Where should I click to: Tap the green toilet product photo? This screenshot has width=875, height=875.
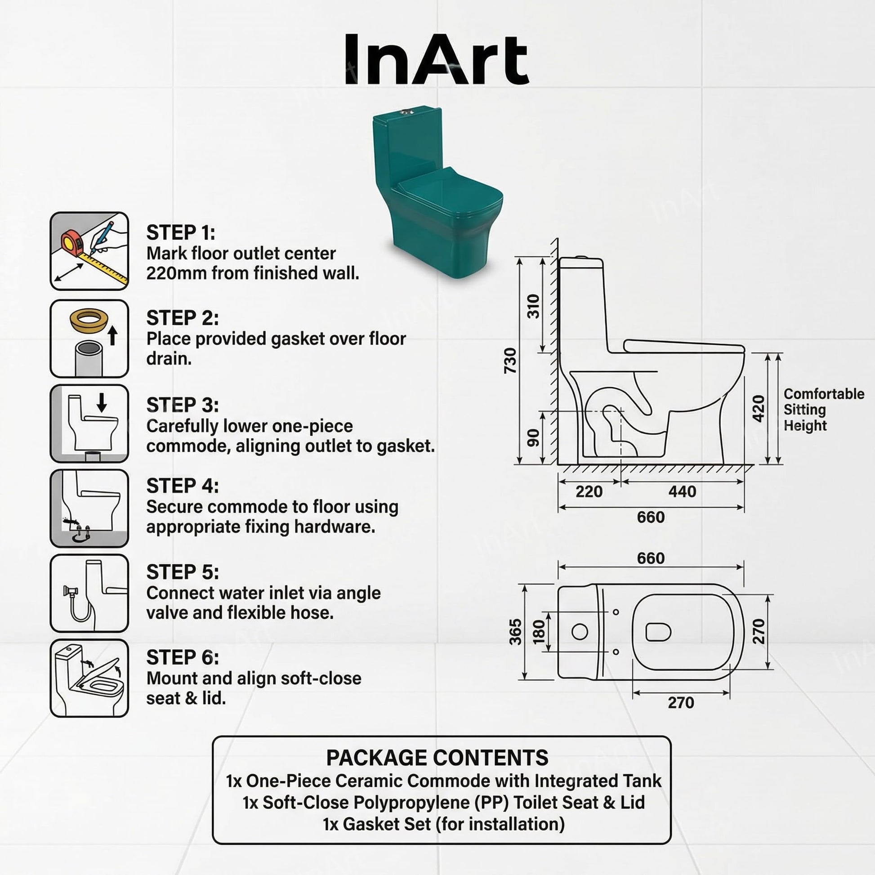(x=437, y=191)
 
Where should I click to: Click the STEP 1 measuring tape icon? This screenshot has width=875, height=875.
(x=89, y=251)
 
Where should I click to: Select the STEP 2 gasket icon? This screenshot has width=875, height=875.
(x=89, y=338)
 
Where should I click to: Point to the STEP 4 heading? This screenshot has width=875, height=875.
(x=183, y=486)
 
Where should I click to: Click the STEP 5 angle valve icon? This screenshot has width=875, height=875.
(x=89, y=593)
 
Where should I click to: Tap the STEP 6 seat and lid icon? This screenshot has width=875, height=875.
(x=89, y=678)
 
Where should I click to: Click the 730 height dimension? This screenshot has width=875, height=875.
(x=510, y=361)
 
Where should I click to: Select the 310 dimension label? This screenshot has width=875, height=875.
(x=534, y=306)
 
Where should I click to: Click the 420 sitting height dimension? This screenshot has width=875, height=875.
(x=758, y=408)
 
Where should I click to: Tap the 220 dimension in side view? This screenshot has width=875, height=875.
(x=589, y=491)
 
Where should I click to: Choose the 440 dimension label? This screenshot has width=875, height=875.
(x=682, y=491)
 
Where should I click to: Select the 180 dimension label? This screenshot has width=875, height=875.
(x=539, y=632)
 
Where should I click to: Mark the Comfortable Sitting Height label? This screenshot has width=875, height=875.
(x=824, y=410)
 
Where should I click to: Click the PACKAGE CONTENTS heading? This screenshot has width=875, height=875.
(x=437, y=758)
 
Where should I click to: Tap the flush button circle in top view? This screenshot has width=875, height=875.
(x=580, y=631)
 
